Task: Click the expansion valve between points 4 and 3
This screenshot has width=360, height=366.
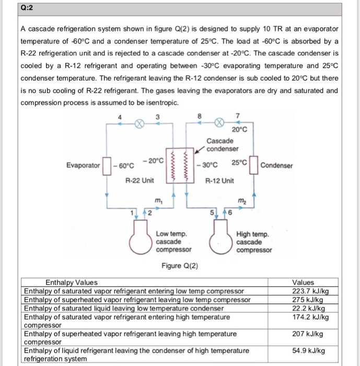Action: (140, 124)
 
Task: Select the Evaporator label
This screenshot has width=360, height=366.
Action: (83, 165)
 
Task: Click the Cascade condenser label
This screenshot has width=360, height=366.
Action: (222, 145)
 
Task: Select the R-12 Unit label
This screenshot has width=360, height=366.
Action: (219, 181)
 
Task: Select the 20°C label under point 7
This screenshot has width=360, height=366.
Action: (239, 130)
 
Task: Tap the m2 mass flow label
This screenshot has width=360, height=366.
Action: (241, 201)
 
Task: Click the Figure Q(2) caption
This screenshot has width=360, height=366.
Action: (180, 266)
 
